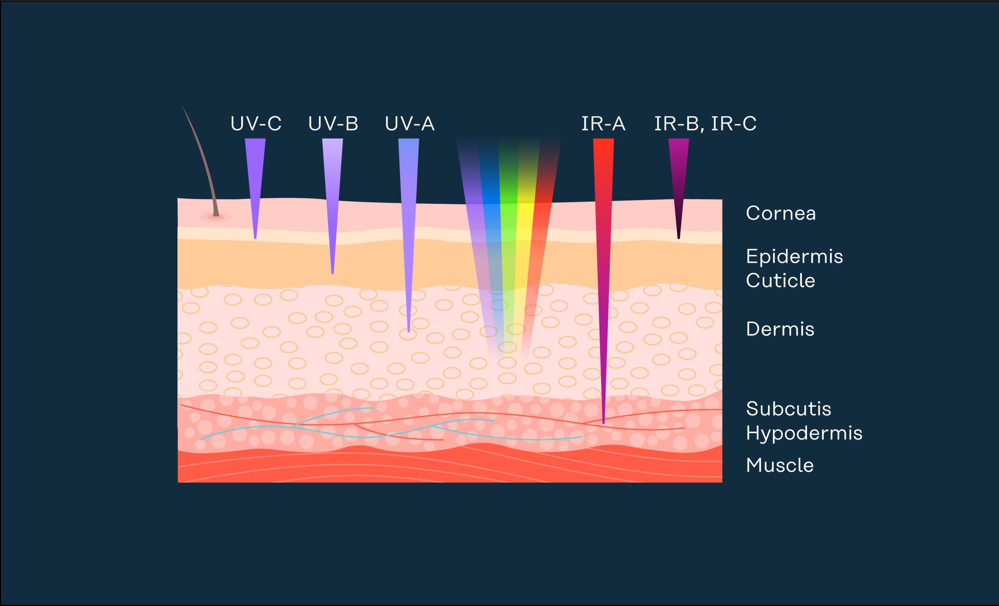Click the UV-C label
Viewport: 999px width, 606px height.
(x=256, y=124)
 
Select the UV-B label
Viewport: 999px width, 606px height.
(x=333, y=124)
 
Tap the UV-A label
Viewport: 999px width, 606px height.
(x=409, y=124)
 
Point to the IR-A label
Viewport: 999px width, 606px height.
(x=603, y=124)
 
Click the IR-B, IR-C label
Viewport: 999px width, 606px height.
(x=706, y=124)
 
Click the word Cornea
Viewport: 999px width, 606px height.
(x=781, y=213)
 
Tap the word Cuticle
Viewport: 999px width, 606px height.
(x=780, y=281)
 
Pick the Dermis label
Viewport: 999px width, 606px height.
(x=780, y=329)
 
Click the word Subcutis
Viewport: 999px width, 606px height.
(x=789, y=409)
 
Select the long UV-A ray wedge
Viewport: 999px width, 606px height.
(x=409, y=227)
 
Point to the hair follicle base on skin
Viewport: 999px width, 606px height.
(x=216, y=217)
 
